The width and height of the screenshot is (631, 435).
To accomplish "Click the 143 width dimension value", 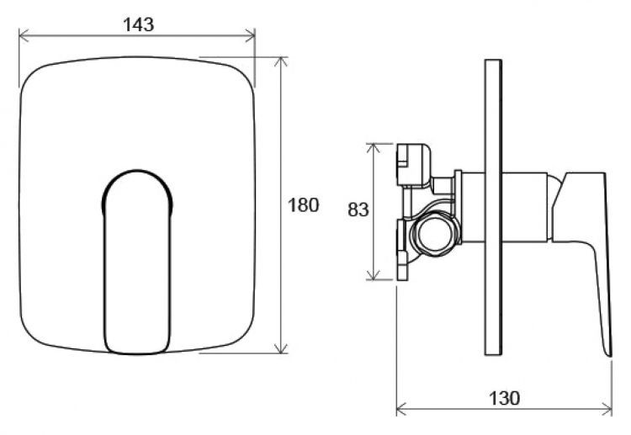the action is click(x=139, y=24).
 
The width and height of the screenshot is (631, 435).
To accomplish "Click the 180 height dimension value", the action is click(x=304, y=205).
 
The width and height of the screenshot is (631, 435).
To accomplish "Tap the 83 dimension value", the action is click(x=358, y=210).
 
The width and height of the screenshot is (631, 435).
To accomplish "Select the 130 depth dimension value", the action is click(x=504, y=398).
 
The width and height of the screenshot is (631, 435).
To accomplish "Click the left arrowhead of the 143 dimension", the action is click(x=24, y=35).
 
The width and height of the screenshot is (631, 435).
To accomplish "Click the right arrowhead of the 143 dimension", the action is click(x=251, y=35).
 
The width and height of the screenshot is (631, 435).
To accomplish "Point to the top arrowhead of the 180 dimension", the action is click(x=281, y=62).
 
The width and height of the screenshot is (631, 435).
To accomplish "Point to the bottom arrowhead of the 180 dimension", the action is click(x=281, y=348).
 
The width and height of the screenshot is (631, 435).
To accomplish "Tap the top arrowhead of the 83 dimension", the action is click(x=374, y=148).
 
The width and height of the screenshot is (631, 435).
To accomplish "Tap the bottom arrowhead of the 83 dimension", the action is click(x=374, y=274).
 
